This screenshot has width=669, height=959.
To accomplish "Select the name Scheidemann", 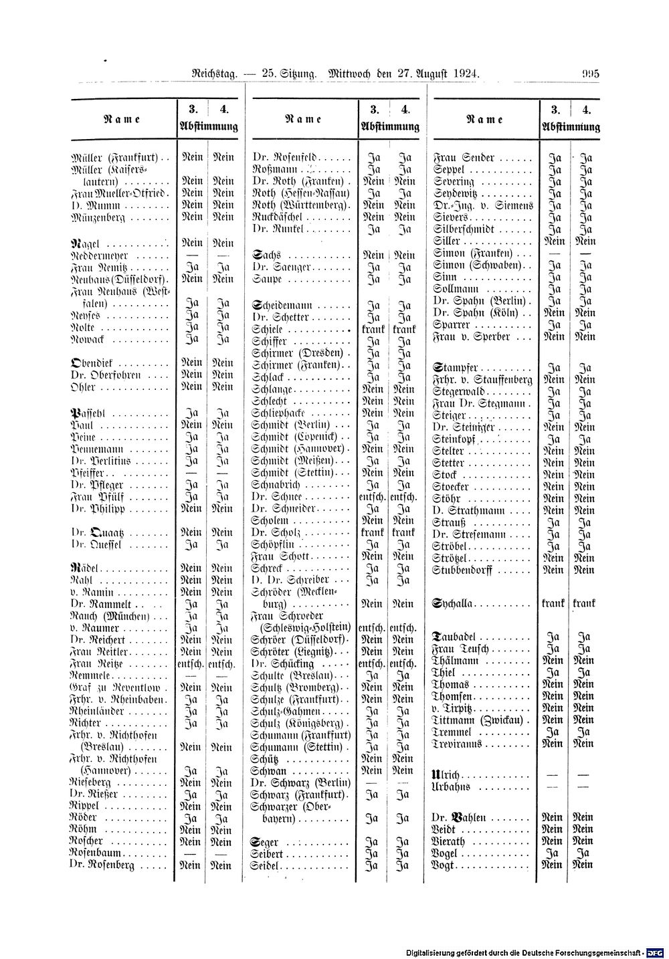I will (x=278, y=305).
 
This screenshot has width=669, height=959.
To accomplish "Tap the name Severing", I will (x=454, y=181).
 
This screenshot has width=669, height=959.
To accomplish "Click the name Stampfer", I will (x=456, y=367).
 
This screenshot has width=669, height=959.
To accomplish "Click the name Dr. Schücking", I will (x=280, y=663).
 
